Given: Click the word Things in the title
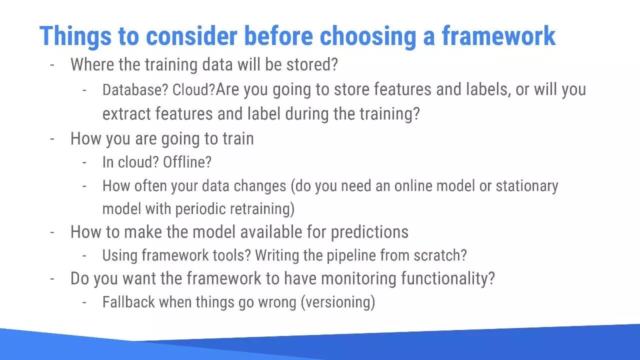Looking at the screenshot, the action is pos(75,36).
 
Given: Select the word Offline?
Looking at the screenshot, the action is pos(187,162).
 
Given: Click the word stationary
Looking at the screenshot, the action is pos(527,186).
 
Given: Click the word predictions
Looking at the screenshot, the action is pos(369,231).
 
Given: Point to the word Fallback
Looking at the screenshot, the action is pos(128,302).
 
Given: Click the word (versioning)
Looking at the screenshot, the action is pos(338,302).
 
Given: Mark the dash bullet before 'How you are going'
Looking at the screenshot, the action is pos(52,139).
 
